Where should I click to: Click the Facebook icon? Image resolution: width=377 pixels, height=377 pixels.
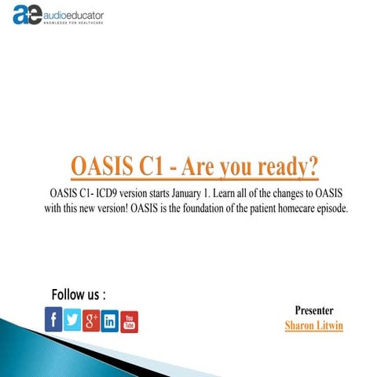click(53, 320)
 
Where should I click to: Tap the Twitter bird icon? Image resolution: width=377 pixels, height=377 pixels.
click(72, 320)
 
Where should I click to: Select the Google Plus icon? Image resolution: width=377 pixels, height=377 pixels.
click(91, 320)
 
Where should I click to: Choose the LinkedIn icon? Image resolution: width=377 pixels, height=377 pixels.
click(110, 320)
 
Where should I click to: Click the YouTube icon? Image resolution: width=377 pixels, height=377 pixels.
click(130, 320)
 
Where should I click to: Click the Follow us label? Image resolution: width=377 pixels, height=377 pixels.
click(78, 295)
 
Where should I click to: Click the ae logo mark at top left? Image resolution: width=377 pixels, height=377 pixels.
click(27, 16)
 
